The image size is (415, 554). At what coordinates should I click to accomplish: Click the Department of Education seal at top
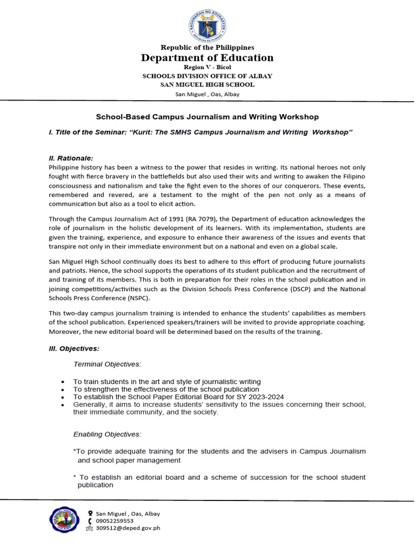207,24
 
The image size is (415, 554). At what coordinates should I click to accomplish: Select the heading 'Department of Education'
207,58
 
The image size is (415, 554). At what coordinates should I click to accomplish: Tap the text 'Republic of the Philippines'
207,48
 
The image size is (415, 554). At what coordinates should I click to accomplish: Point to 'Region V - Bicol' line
207,67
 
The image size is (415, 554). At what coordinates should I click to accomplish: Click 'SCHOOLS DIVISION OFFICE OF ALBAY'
207,76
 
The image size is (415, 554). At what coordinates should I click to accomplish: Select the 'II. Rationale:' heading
71,158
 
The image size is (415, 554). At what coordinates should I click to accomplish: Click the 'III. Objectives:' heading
74,348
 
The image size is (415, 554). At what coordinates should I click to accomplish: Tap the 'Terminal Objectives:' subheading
107,364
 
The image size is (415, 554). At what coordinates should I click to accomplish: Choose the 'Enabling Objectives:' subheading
107,434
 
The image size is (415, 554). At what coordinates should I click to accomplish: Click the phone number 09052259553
115,521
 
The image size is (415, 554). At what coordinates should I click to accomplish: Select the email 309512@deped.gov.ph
128,528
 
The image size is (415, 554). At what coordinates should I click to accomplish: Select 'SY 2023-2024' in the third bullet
262,397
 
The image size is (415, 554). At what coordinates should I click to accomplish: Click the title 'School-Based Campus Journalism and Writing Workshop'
207,117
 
